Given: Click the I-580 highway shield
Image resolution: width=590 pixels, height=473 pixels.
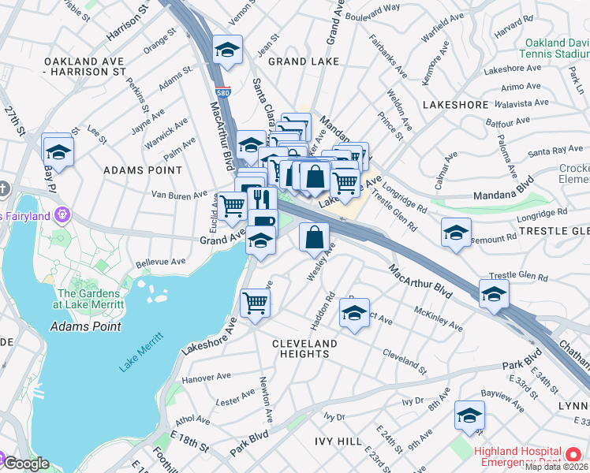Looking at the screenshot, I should (225, 92).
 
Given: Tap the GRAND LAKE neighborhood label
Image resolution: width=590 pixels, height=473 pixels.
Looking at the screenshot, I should (304, 61).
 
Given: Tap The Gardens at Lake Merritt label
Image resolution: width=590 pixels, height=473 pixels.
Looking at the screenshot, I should (89, 299).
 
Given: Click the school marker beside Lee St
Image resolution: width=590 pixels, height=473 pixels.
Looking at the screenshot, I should (58, 150).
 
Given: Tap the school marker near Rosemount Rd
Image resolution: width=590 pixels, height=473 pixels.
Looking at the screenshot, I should (456, 233).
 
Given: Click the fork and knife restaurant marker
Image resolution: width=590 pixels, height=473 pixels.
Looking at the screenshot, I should (262, 200).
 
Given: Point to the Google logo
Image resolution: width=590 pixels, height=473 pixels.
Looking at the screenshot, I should (25, 464).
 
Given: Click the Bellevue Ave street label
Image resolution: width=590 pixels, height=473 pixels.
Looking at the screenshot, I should (161, 261).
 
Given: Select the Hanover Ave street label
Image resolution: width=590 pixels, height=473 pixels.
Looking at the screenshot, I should (206, 378).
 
